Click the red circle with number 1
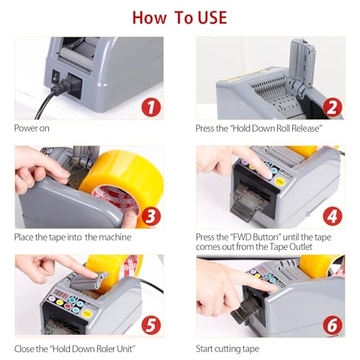(x=151, y=108)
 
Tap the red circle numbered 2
(x=333, y=108)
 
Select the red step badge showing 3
(x=151, y=217)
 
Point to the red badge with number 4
(x=333, y=217)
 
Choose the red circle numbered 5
(x=151, y=325)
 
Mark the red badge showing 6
(x=333, y=325)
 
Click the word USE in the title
(x=212, y=18)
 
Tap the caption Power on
(x=32, y=128)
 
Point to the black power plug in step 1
(x=68, y=85)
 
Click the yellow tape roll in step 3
(x=125, y=182)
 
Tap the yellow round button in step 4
(x=279, y=181)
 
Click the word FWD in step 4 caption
(x=242, y=237)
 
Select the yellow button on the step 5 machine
(x=86, y=314)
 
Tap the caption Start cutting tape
(x=228, y=349)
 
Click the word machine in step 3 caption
(x=115, y=238)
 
